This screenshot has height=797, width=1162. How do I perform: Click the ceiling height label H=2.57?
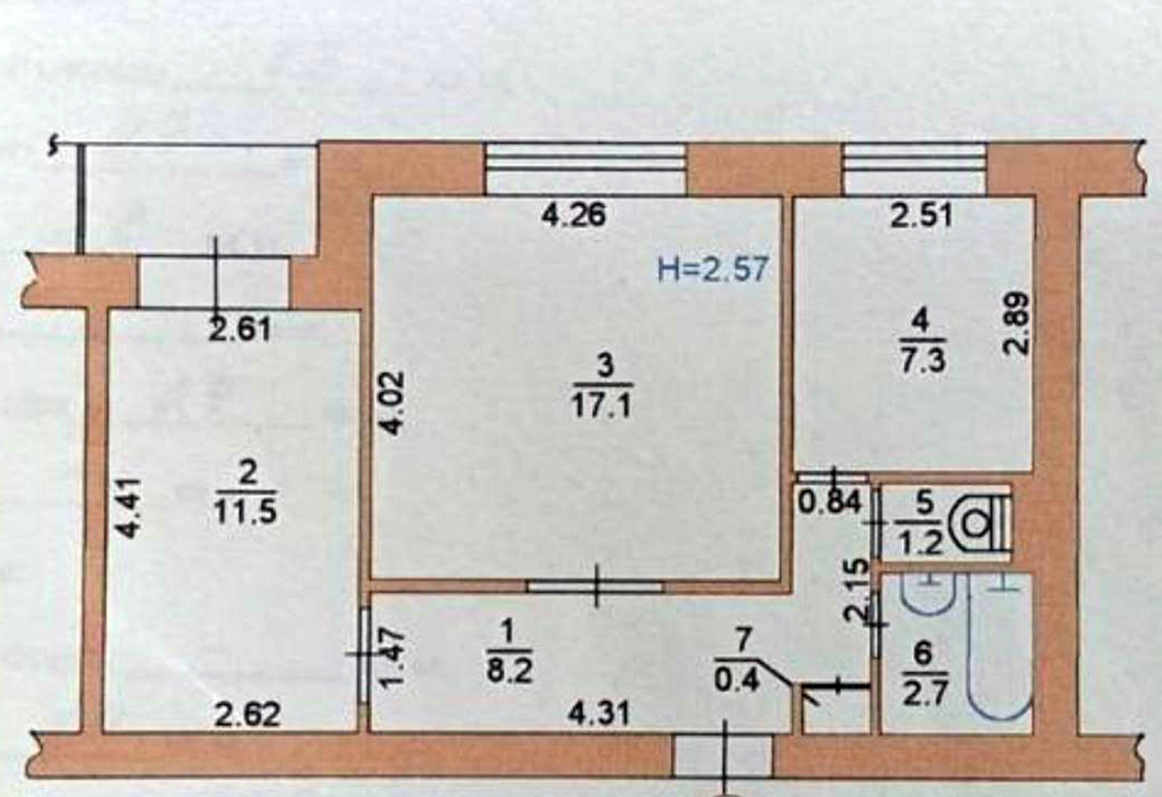[x=712, y=270]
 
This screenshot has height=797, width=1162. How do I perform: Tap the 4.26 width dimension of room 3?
[x=574, y=215]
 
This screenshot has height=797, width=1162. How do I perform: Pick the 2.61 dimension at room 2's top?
[x=240, y=330]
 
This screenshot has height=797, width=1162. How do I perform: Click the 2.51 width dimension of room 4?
[x=922, y=216]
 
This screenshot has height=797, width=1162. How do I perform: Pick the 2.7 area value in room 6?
[x=919, y=695]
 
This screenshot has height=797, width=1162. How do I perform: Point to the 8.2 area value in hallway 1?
[x=509, y=672]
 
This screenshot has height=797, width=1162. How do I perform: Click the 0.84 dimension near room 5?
[x=829, y=502]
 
